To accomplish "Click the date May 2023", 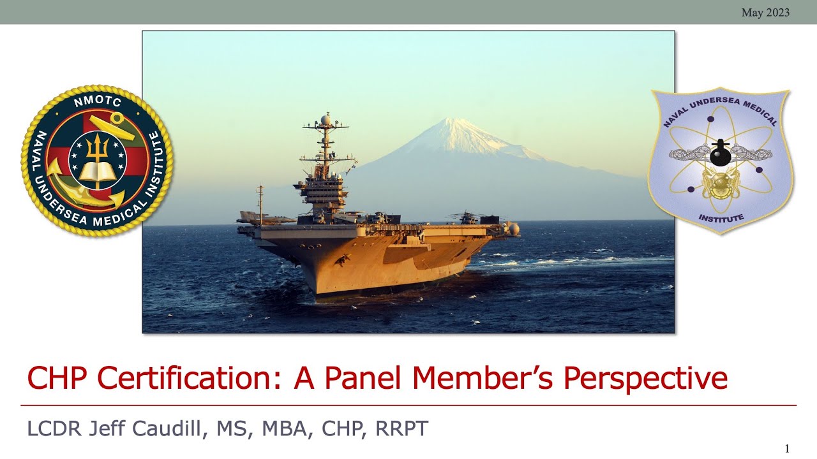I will pos(765,12).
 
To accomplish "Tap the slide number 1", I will pos(787,448).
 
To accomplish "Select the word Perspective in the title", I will pos(645,378).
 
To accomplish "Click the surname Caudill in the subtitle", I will pos(169,428).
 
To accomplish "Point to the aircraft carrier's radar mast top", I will pos(326,119).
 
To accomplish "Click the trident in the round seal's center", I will pos(97,148).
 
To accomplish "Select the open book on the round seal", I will pos(97,170).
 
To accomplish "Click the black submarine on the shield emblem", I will pos(720,154).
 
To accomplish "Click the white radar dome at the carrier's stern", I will pos(513,228).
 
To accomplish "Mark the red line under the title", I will pos(408,405).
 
